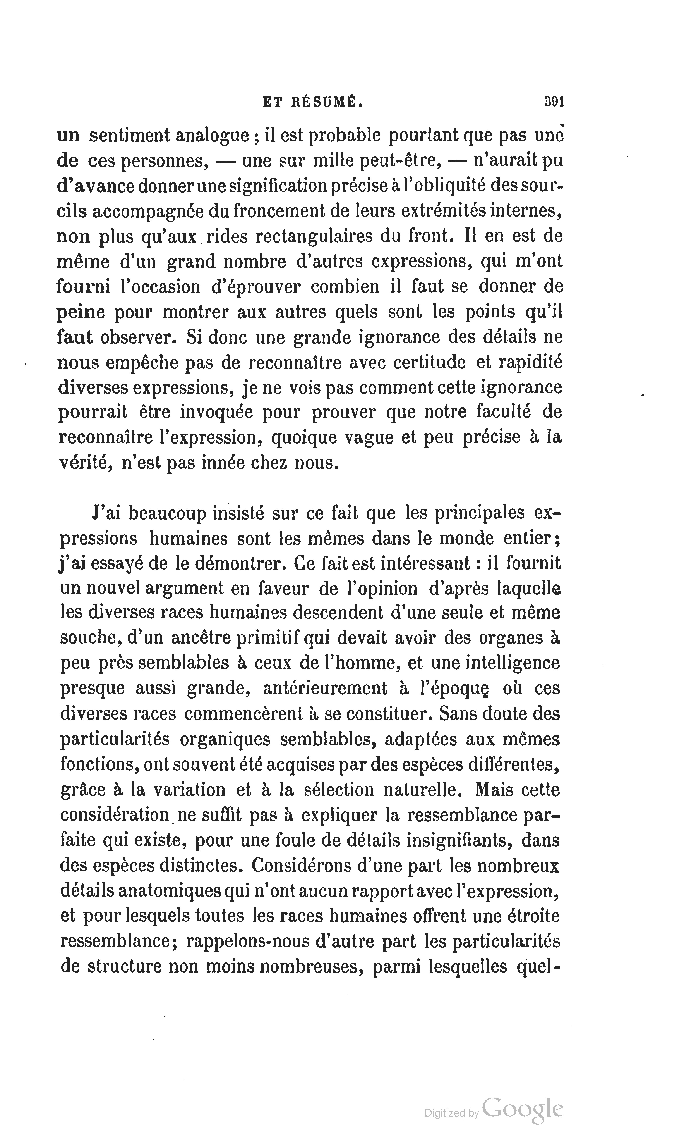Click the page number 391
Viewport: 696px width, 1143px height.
tap(553, 102)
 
